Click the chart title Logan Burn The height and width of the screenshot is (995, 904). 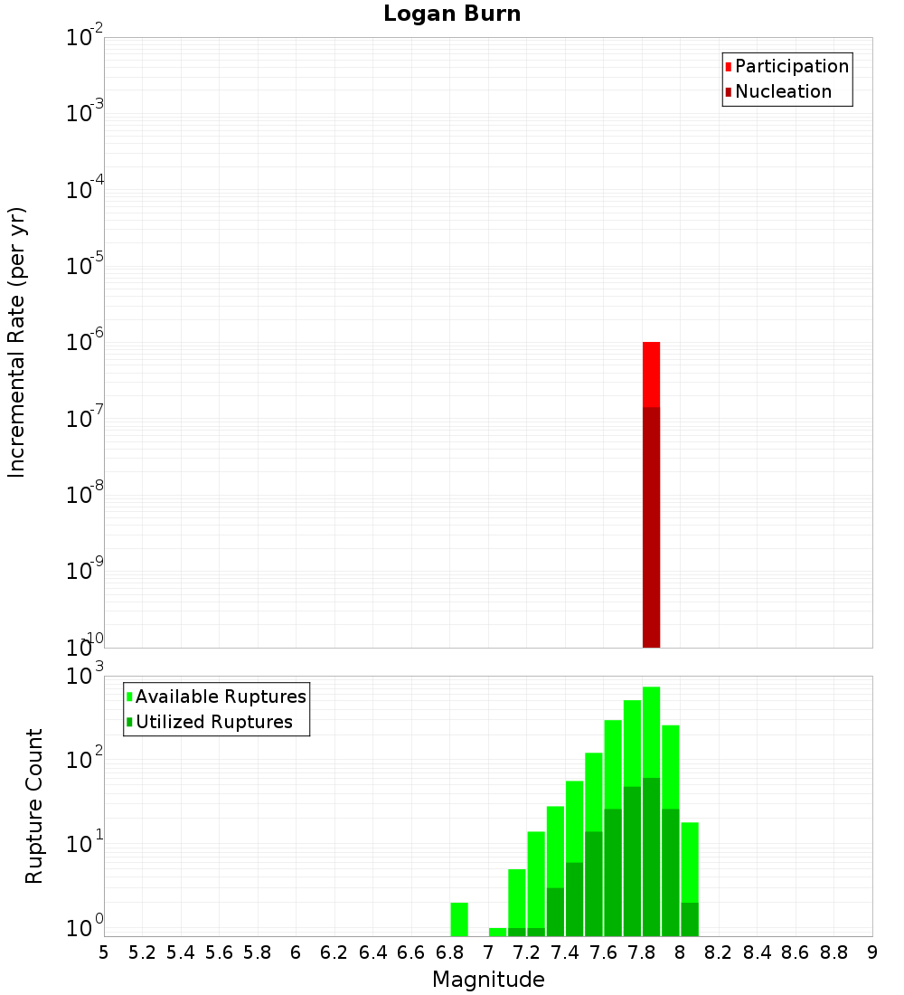tap(452, 14)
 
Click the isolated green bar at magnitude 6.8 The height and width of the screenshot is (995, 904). tap(459, 919)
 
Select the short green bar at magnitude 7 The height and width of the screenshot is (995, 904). tap(497, 932)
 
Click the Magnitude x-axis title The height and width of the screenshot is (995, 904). tap(488, 980)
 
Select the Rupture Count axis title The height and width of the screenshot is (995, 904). tap(34, 806)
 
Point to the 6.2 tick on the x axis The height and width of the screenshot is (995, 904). tap(334, 953)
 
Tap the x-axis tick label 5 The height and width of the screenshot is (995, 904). tap(104, 953)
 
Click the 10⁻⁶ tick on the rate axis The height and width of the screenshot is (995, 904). tap(85, 343)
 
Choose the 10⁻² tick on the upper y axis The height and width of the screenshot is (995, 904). tap(85, 39)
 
